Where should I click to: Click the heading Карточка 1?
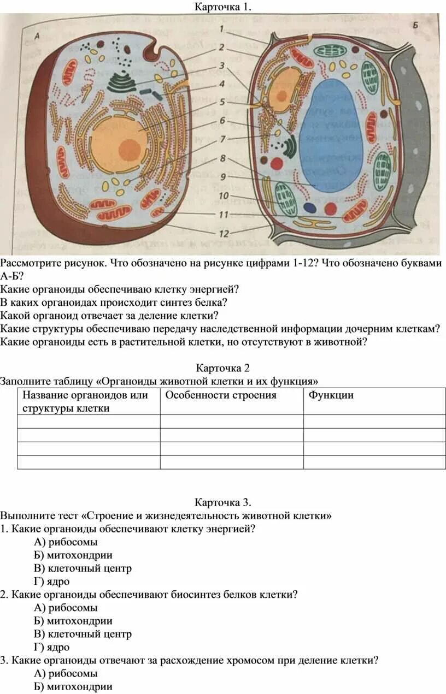tap(222, 7)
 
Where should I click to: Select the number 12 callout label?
tap(223, 233)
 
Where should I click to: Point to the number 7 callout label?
tap(222, 139)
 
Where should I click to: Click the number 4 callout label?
tap(222, 84)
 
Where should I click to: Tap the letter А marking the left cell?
tap(38, 35)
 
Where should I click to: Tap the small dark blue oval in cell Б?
tap(309, 207)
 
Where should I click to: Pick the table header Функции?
tap(331, 395)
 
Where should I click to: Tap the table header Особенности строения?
tap(221, 395)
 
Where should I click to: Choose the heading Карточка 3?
tap(222, 502)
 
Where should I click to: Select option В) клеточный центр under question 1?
tap(83, 568)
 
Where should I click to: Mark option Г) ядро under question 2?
tap(51, 647)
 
